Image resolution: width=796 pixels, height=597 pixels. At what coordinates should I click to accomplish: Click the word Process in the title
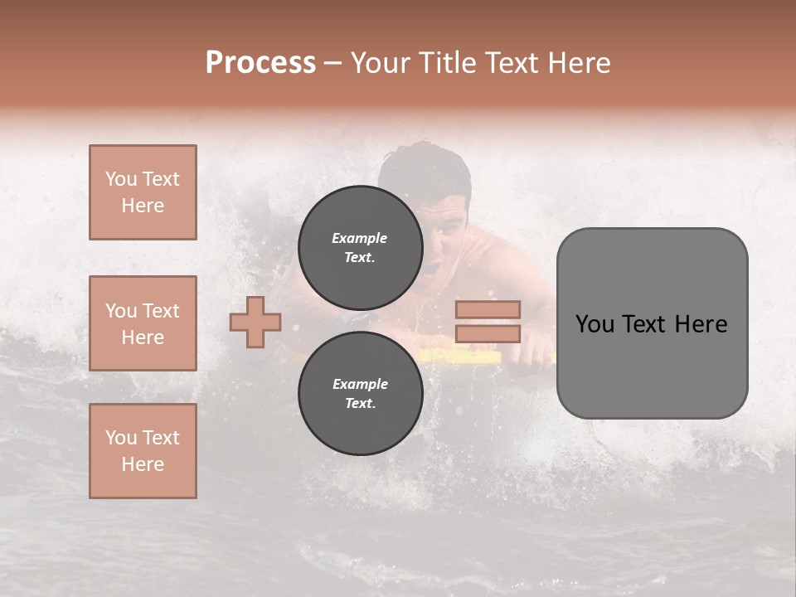(x=260, y=62)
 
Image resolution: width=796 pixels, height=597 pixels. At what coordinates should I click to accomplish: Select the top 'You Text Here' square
(x=143, y=192)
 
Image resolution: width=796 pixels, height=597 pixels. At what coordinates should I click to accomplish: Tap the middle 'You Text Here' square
(x=143, y=323)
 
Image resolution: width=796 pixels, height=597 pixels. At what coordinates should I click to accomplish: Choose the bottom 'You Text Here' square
(x=143, y=451)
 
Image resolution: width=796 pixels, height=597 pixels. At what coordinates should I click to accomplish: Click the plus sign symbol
(x=255, y=322)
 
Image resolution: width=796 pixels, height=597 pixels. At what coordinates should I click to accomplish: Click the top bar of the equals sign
(x=488, y=309)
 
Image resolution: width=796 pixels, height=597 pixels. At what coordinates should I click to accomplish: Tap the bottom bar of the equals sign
(x=488, y=333)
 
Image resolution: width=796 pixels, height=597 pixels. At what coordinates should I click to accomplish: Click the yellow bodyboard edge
(x=464, y=357)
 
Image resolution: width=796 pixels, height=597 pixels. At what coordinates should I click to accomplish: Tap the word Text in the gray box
(x=647, y=323)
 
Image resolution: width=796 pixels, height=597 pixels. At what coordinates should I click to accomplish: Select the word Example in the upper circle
(x=360, y=238)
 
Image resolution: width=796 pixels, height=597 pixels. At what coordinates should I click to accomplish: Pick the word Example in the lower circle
(x=360, y=384)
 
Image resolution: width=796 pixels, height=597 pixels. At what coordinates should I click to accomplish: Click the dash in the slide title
(x=333, y=63)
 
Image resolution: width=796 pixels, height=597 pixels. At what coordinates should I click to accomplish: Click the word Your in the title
(x=379, y=62)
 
